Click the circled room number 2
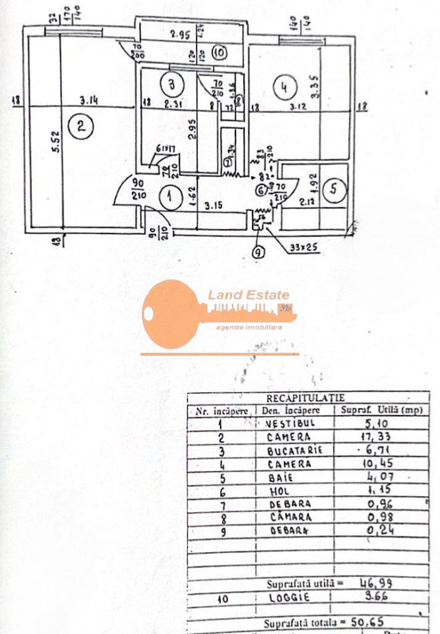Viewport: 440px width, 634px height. click(x=81, y=127)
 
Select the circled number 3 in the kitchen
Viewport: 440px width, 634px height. click(x=172, y=85)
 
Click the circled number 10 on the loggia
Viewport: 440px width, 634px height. click(x=220, y=51)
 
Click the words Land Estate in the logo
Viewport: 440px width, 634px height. click(x=248, y=294)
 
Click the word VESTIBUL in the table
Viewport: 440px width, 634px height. click(x=288, y=424)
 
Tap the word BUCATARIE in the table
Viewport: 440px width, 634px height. click(x=293, y=450)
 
